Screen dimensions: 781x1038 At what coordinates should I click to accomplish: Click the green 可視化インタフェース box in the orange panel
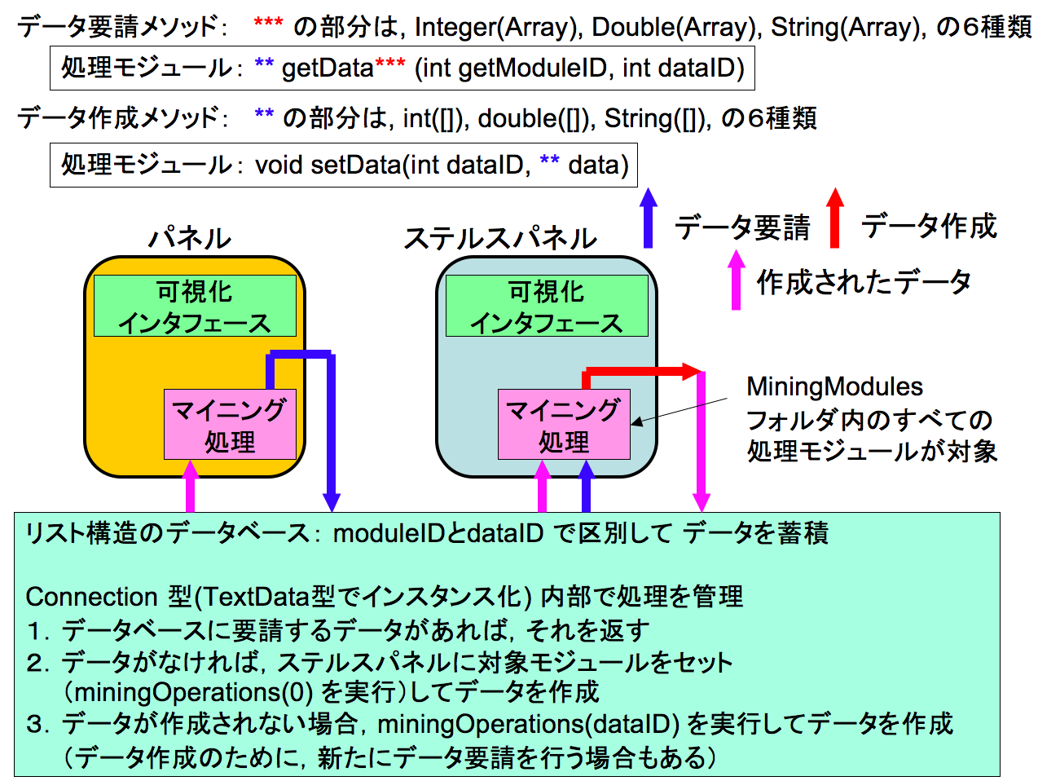coord(194,306)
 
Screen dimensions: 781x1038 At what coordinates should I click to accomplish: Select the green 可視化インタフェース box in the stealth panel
coord(546,306)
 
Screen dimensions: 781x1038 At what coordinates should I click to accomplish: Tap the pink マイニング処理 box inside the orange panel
coord(230,425)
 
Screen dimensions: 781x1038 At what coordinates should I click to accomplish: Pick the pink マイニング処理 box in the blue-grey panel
coord(564,425)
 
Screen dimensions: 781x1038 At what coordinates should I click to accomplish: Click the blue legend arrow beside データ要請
coord(648,218)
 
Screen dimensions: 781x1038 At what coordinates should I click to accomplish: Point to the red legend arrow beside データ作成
coord(834,218)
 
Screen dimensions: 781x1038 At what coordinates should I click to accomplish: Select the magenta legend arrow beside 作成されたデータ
coord(736,280)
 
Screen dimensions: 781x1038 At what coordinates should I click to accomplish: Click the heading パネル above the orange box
coord(190,238)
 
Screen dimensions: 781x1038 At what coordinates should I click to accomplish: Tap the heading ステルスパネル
coord(500,238)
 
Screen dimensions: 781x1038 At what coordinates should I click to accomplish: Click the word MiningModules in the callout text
coord(834,386)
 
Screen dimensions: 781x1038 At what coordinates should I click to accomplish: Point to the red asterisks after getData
coord(389,64)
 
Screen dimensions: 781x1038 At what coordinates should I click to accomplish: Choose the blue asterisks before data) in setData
coord(549,161)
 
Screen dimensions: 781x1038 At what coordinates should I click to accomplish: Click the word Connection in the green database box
coord(91,597)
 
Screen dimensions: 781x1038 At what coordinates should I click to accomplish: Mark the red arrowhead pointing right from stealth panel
coord(694,373)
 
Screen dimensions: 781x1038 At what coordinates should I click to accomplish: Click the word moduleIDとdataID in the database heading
coord(438,533)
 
